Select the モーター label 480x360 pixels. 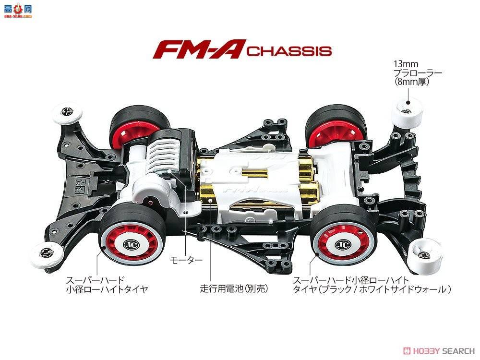[x=186, y=261]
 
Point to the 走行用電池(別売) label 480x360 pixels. [x=233, y=289]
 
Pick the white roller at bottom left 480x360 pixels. [x=48, y=252]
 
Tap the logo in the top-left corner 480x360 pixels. [x=17, y=10]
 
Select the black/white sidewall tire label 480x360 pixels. [x=372, y=285]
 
